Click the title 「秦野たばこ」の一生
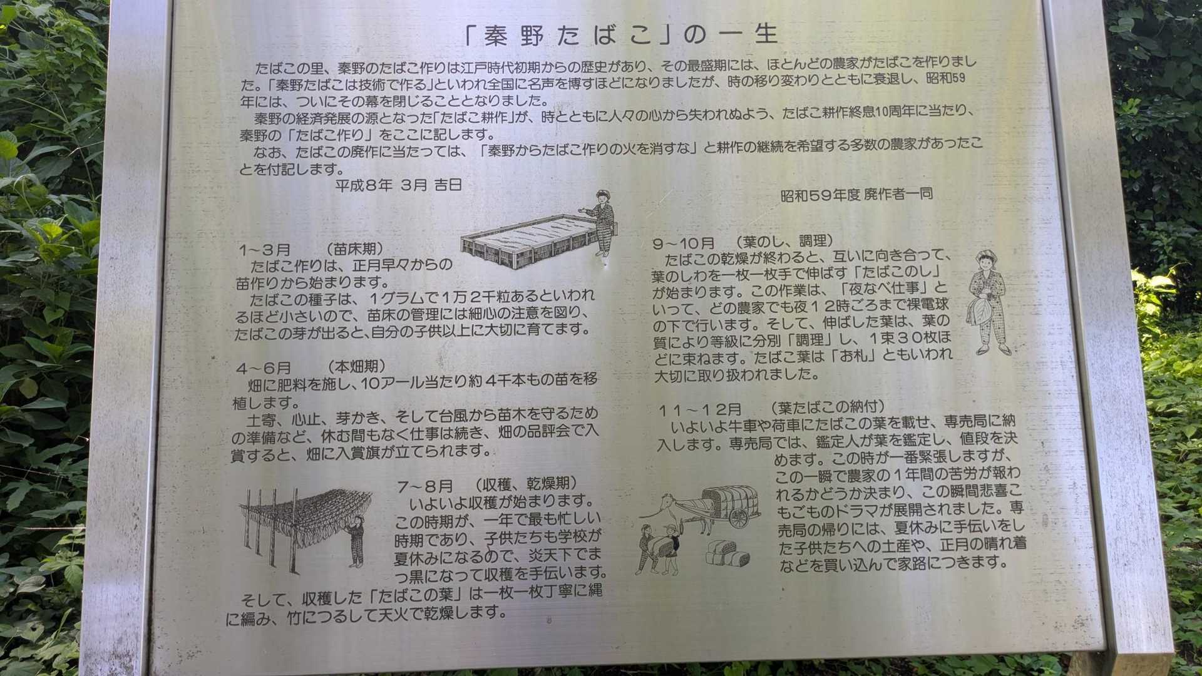click(x=620, y=34)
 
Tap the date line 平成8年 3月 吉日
click(x=398, y=185)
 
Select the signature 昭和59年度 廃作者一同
click(x=856, y=195)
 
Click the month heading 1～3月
click(x=264, y=250)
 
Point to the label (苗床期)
click(x=355, y=249)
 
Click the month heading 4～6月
click(x=264, y=368)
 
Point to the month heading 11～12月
click(x=699, y=411)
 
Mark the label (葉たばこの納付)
click(x=828, y=408)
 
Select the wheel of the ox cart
click(x=739, y=518)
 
